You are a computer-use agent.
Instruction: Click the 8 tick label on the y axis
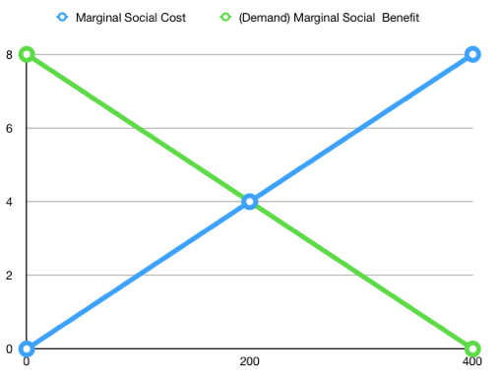coord(9,54)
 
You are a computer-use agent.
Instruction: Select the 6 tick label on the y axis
coord(9,128)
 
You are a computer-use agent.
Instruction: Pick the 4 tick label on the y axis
coord(9,202)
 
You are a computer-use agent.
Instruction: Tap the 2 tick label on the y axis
coord(9,276)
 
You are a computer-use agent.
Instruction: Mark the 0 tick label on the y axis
coord(9,348)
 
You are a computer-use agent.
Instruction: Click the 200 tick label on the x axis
coord(250,362)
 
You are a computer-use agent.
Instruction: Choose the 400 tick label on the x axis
coord(472,362)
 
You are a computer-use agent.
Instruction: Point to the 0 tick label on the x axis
coord(27,362)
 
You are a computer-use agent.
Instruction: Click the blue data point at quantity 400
coord(472,54)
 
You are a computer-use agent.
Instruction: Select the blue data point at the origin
coord(27,348)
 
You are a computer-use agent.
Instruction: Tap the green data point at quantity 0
coord(27,54)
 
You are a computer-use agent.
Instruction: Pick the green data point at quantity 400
coord(472,348)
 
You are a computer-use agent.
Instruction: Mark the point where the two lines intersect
coord(250,201)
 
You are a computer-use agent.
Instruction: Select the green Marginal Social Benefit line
coord(138,128)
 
